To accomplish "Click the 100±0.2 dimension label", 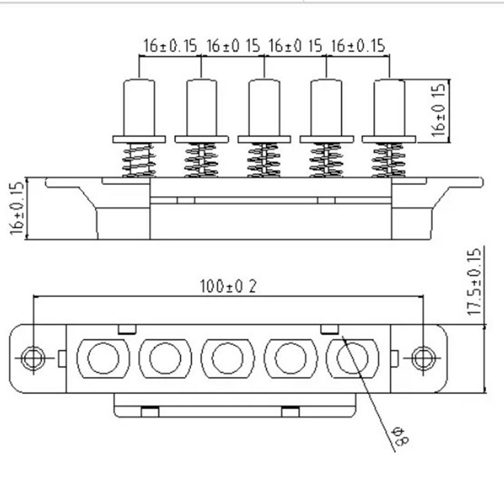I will click(x=228, y=286).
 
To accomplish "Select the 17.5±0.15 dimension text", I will click(x=475, y=281).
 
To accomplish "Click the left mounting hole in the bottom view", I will click(x=33, y=357).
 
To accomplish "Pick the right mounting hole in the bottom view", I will click(x=423, y=357).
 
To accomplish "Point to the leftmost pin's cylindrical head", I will click(x=139, y=107).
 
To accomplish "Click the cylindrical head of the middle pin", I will click(x=264, y=107).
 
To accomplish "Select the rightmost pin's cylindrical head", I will click(x=389, y=107).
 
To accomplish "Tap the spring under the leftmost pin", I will click(x=139, y=160).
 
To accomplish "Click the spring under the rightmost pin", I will click(x=388, y=160).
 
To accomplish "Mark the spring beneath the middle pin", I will click(x=263, y=160).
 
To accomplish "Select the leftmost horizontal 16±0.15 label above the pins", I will click(x=170, y=46).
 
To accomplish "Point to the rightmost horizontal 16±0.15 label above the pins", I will click(x=358, y=46).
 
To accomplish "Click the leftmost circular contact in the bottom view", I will click(x=103, y=358).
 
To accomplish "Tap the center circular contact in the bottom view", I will click(x=228, y=358).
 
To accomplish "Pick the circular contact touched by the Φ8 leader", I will click(x=352, y=358).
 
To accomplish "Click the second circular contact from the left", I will click(x=165, y=358).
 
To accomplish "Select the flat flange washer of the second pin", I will click(x=201, y=139).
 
